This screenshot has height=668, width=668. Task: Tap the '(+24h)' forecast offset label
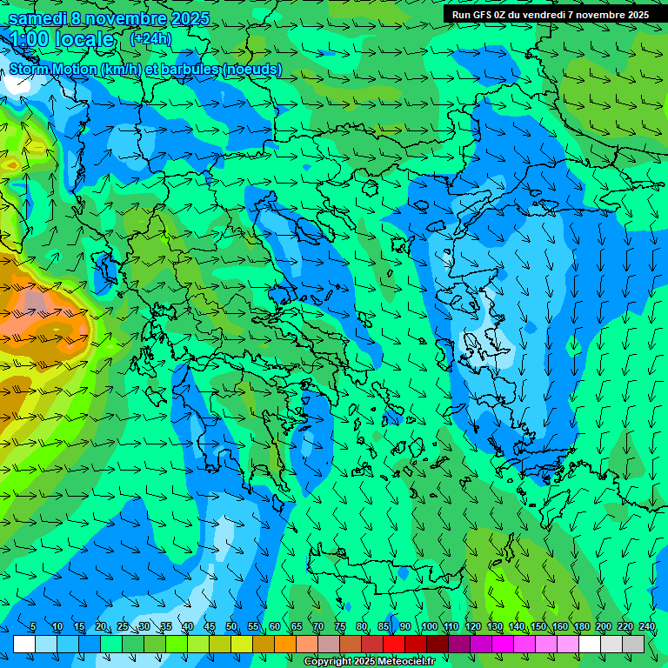150,38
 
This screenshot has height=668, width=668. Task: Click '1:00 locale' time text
62,40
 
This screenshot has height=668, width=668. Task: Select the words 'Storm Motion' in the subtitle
53,70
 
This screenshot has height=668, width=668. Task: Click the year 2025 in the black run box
633,15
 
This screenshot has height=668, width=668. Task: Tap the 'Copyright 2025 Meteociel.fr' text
369,662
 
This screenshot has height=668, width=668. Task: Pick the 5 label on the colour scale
33,627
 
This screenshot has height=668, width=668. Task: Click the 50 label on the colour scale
231,627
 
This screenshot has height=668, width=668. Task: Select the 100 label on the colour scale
429,627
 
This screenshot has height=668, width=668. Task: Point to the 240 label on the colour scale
646,627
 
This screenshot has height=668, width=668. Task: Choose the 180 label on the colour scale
581,627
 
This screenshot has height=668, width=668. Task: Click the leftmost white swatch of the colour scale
24,644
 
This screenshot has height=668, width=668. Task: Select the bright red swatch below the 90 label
394,644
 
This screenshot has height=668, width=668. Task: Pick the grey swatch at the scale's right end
633,644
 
